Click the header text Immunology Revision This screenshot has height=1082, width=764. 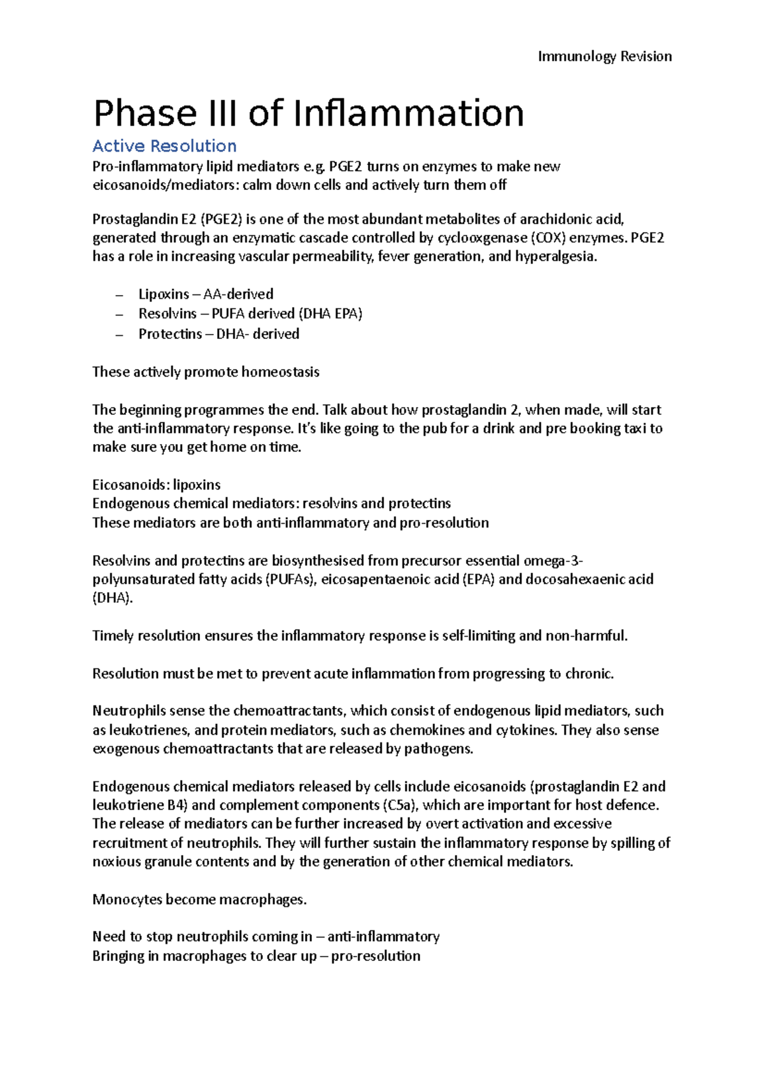(x=604, y=56)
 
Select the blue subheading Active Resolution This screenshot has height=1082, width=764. (x=164, y=146)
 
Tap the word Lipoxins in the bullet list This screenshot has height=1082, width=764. (x=164, y=294)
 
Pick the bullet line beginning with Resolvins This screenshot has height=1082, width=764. (x=250, y=314)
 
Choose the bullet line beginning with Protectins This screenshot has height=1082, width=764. (x=218, y=334)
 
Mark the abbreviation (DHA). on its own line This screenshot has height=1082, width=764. (x=113, y=598)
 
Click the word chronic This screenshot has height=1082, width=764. (x=589, y=674)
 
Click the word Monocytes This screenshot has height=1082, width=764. (x=127, y=899)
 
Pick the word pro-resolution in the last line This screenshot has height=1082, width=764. (x=376, y=956)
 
